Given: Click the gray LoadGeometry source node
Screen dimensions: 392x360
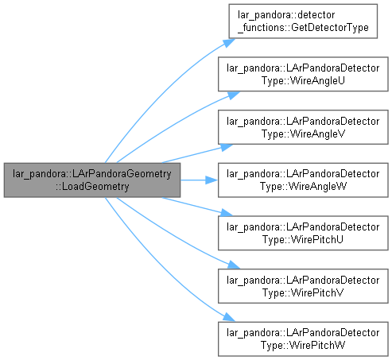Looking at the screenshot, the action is coord(92,180).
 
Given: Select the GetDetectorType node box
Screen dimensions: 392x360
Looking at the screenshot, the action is coord(303,21).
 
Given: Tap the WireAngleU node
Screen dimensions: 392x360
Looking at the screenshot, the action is coord(303,74).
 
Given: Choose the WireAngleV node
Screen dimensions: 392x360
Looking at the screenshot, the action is coord(303,127).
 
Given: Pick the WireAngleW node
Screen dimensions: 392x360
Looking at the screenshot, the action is coord(303,180).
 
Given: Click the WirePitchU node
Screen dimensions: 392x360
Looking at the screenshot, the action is coord(303,233).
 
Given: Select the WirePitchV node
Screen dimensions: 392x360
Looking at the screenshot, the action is coord(303,286).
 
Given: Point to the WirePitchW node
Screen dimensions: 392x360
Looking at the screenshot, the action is coord(303,339).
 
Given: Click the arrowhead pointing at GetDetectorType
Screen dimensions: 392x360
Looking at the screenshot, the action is coord(229,43).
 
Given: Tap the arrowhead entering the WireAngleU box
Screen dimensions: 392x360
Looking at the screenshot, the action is coord(233,95).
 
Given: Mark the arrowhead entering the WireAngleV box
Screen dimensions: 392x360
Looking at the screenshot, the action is coord(227,147).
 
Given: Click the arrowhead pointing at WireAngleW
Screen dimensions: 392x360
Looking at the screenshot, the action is coord(212,180).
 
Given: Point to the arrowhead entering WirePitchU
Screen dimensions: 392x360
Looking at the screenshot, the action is coord(227,213).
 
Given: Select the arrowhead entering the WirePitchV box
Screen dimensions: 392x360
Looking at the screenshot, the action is coord(233,265).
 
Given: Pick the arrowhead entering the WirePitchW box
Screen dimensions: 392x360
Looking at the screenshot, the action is coord(229,317).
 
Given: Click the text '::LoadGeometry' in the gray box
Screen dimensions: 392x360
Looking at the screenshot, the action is coord(92,187).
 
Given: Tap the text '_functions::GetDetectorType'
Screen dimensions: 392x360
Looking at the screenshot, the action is coord(303,28).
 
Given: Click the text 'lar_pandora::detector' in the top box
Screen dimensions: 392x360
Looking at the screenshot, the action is coord(286,15).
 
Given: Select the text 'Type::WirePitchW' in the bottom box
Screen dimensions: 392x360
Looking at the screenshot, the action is coord(303,346).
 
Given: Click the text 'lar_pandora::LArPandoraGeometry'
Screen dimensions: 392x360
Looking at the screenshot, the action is coord(92,174).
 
